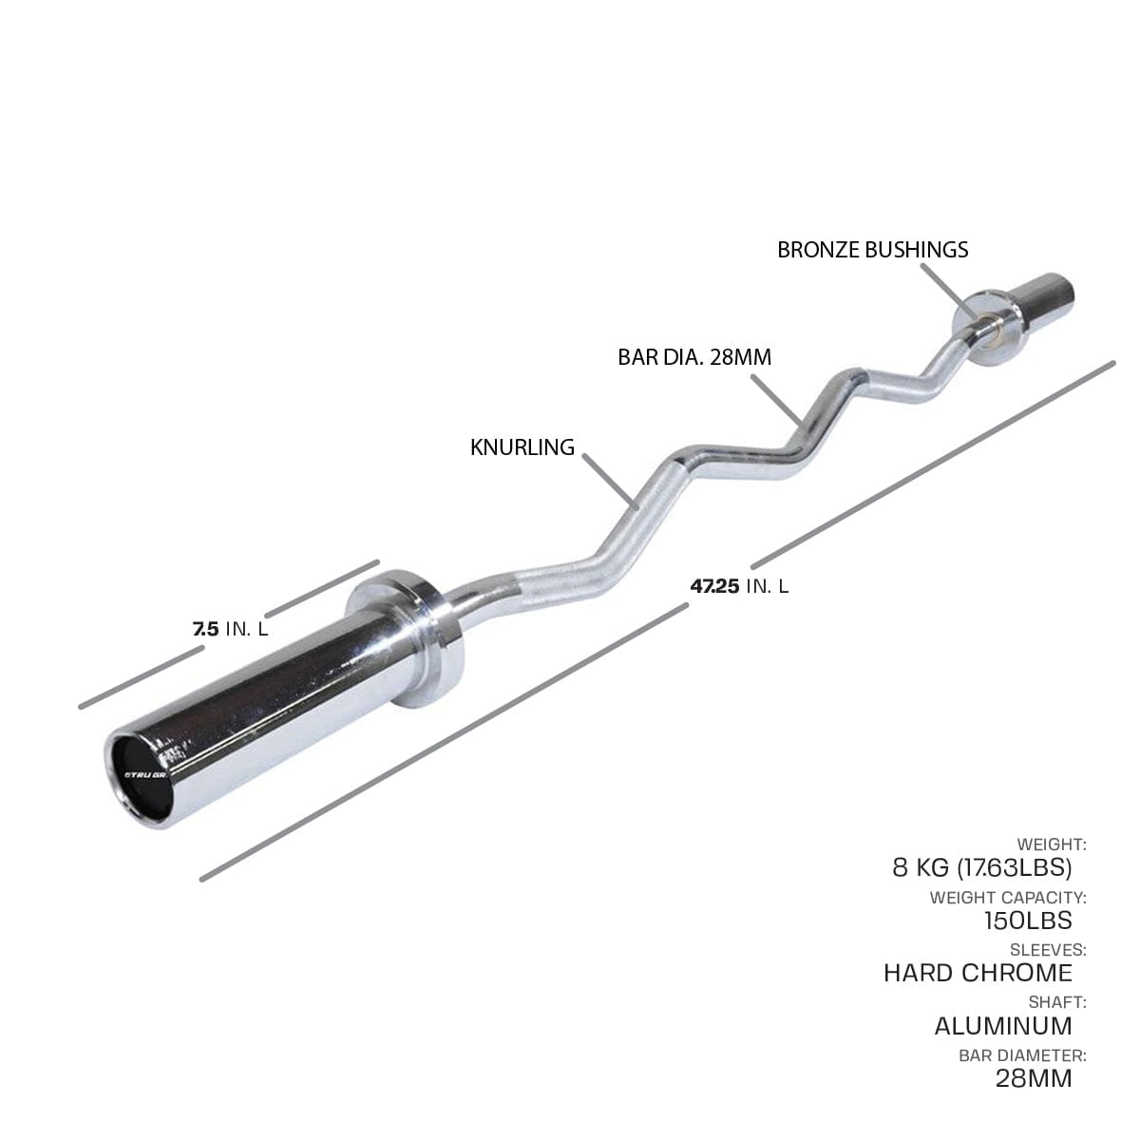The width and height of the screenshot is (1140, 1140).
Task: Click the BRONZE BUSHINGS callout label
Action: pyautogui.click(x=873, y=250)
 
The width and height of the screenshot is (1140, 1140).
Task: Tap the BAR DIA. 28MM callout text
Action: pyautogui.click(x=694, y=357)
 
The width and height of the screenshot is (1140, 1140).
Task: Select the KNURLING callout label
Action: pyautogui.click(x=522, y=447)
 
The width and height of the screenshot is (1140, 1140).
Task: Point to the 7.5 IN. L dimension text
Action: pyautogui.click(x=231, y=629)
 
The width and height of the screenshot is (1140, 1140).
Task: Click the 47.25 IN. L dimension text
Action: pyautogui.click(x=739, y=586)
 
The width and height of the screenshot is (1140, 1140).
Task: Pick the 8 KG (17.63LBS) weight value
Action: pyautogui.click(x=982, y=867)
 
